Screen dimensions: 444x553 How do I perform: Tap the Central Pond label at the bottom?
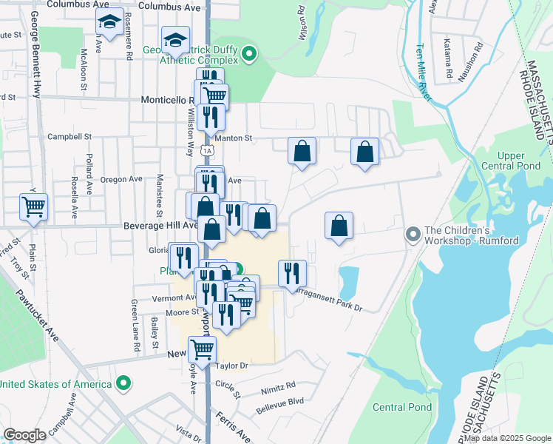click(402, 407)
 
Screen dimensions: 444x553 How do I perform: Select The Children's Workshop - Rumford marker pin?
click(413, 235)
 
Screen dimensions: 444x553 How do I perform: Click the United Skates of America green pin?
click(124, 383)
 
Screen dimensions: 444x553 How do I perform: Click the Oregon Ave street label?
click(121, 179)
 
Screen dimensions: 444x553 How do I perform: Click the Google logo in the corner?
click(25, 435)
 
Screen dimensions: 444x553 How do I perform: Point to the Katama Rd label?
click(448, 59)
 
